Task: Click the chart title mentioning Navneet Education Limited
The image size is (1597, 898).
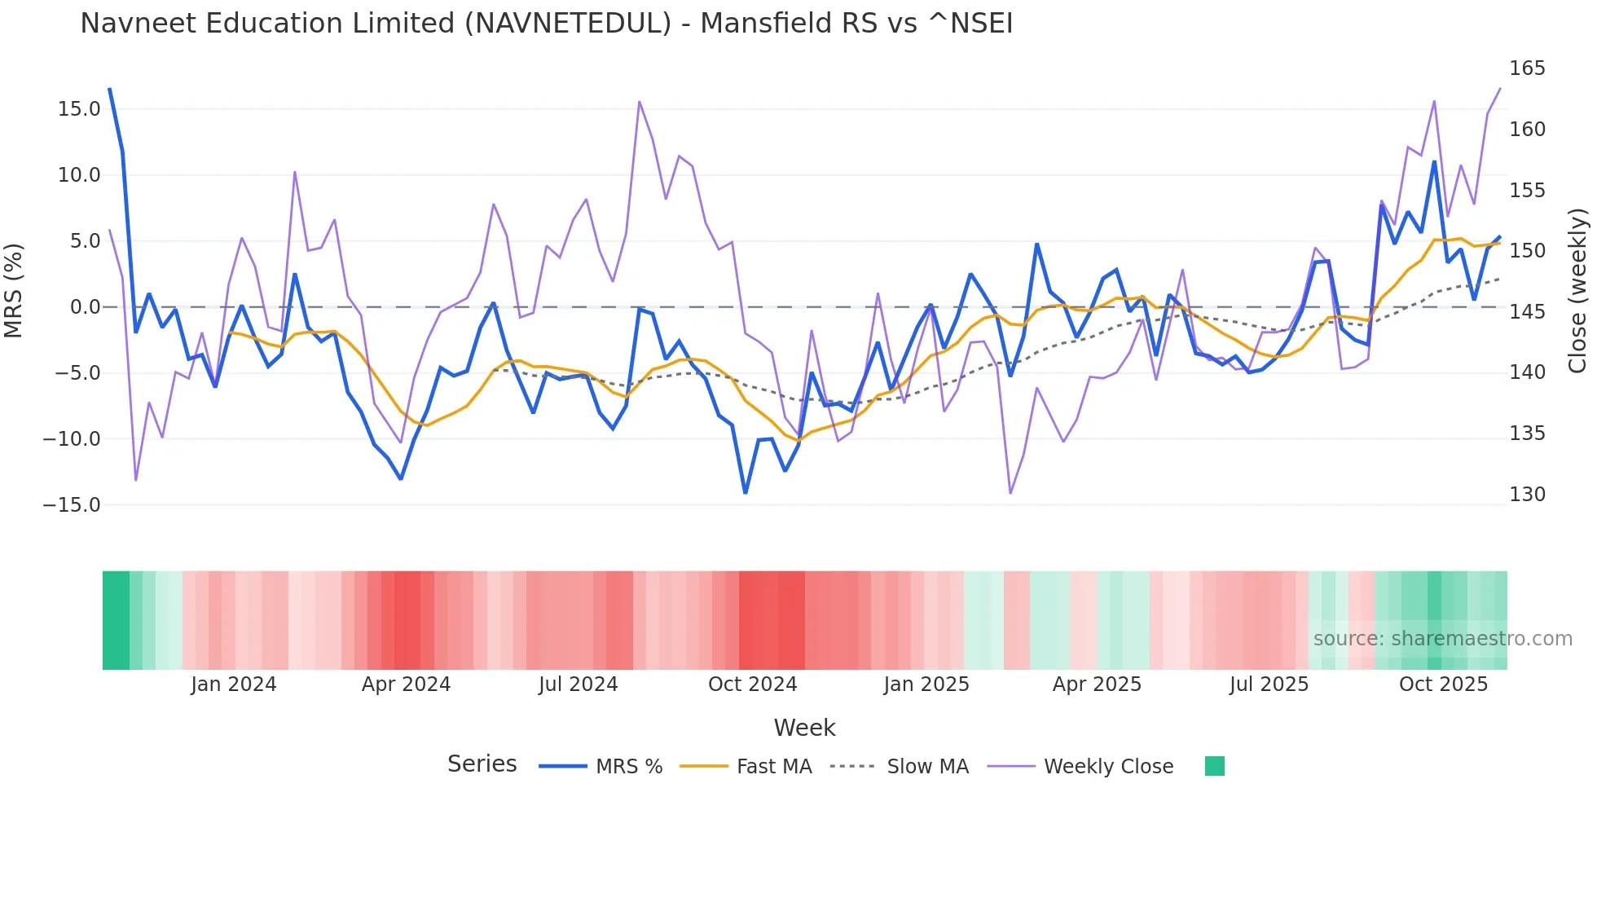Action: tap(546, 24)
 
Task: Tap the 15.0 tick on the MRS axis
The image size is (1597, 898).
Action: tap(79, 109)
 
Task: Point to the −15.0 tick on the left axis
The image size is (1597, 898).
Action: tap(72, 505)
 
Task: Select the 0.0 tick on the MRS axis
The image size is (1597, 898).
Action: tap(85, 307)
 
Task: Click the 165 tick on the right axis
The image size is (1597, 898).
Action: tap(1527, 68)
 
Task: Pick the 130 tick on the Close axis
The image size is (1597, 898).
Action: tap(1527, 495)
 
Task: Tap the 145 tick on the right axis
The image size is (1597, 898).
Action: tap(1527, 312)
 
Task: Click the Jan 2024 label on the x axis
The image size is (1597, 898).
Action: tap(234, 685)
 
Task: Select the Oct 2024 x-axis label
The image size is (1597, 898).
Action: tap(752, 685)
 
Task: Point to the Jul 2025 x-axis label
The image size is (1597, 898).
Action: tap(1269, 685)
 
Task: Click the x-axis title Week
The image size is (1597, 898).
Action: tap(804, 728)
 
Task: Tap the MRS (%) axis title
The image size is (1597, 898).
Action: tap(14, 290)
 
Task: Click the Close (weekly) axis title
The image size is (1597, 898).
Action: tap(1578, 290)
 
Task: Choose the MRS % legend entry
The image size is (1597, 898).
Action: tap(601, 767)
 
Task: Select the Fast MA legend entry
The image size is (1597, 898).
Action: tap(746, 767)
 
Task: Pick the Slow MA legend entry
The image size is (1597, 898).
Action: tap(900, 767)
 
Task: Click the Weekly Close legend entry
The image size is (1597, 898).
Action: tap(1080, 767)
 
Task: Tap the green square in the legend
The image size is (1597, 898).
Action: tap(1214, 766)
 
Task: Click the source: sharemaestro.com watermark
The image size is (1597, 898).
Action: tap(1442, 639)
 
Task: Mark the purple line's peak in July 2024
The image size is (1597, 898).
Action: tap(640, 102)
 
